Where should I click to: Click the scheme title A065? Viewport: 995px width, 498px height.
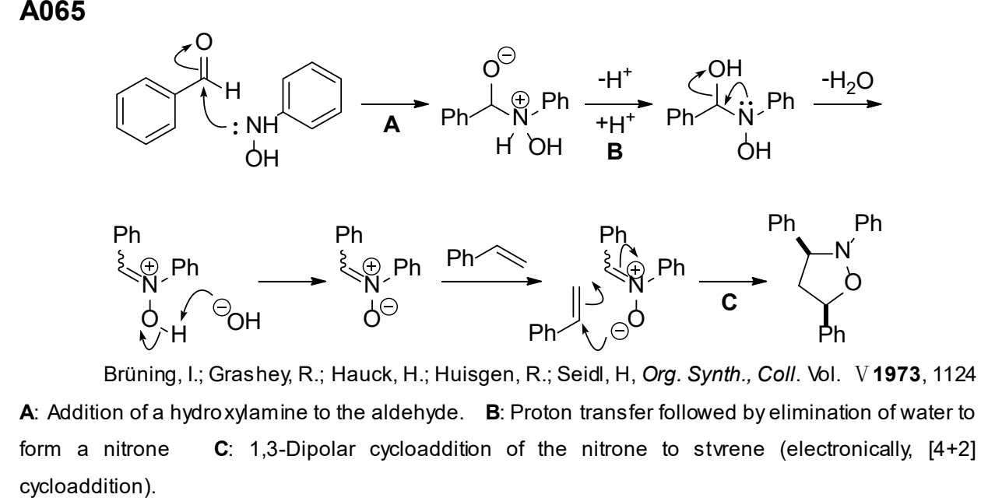click(52, 11)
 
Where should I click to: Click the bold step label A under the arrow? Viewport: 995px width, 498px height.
click(392, 124)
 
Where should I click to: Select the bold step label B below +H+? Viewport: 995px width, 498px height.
click(615, 152)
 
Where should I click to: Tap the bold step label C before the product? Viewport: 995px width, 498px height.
click(729, 302)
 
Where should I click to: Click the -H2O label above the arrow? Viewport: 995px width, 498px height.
click(848, 82)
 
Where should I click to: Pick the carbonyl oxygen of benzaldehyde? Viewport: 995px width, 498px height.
click(204, 42)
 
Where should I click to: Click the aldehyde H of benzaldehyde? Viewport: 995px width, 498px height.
click(233, 91)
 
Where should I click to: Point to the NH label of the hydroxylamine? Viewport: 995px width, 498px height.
click(262, 125)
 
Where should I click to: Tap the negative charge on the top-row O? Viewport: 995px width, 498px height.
click(506, 56)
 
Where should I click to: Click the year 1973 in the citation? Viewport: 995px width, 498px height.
click(896, 374)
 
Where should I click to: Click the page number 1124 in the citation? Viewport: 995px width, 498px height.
click(955, 374)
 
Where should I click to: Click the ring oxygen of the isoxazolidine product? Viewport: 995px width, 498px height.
click(853, 282)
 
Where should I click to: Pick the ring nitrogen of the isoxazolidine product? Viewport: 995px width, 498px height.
click(842, 251)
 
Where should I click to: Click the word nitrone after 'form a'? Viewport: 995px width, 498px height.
click(136, 449)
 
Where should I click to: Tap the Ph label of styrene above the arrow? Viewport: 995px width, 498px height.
click(460, 258)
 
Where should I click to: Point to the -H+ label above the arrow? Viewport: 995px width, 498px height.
click(615, 79)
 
